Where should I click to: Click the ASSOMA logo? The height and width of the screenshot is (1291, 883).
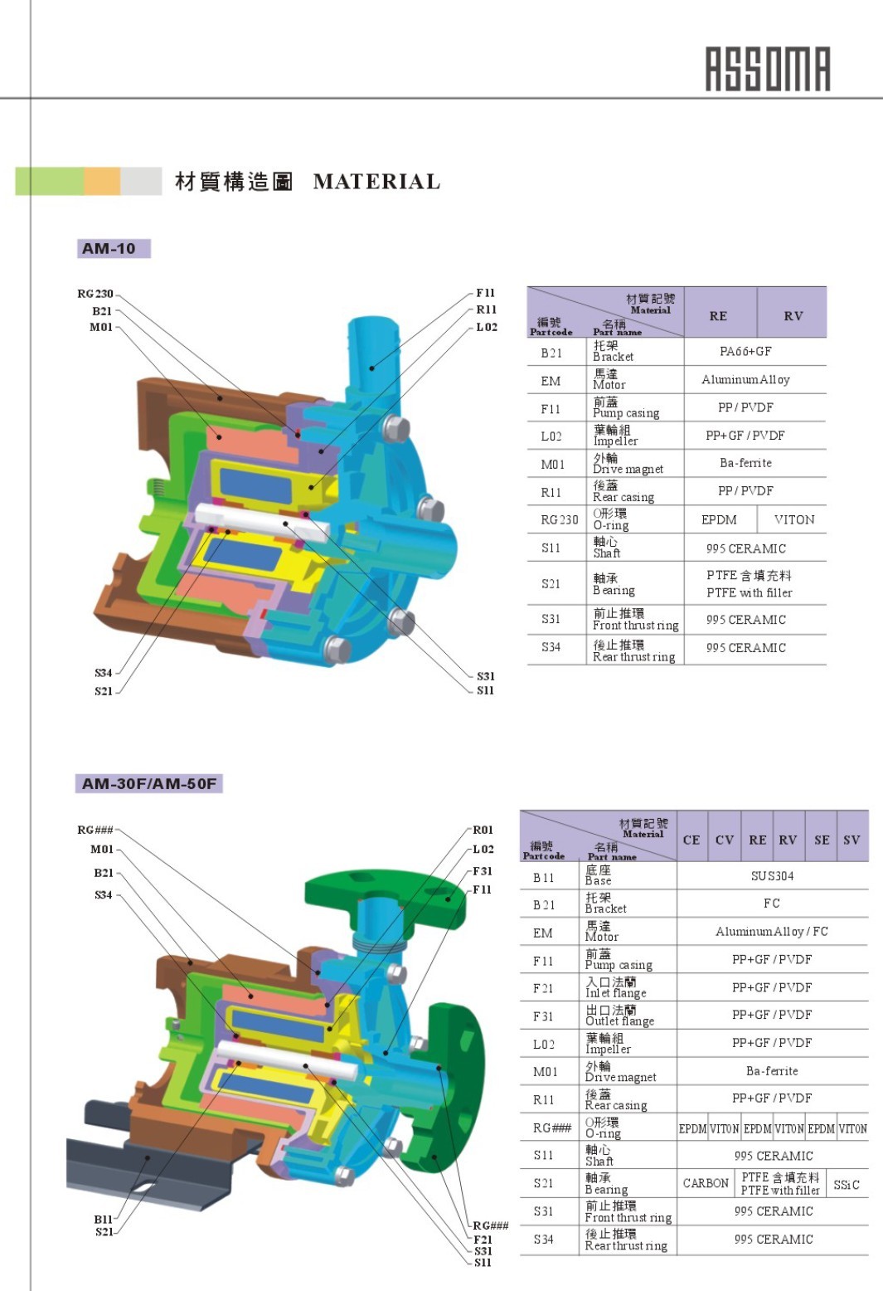click(767, 69)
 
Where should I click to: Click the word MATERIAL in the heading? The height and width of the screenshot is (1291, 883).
click(376, 182)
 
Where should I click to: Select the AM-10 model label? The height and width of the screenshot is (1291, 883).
click(109, 248)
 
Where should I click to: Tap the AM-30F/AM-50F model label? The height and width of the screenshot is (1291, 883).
click(149, 783)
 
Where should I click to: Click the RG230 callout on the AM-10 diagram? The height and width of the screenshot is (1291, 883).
click(95, 294)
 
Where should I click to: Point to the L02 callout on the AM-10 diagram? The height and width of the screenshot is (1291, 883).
click(487, 327)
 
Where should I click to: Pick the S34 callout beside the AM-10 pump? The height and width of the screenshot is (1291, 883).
click(103, 673)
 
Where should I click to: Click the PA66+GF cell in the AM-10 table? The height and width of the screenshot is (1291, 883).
click(745, 352)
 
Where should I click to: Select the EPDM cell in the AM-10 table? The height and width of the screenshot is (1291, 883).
click(719, 519)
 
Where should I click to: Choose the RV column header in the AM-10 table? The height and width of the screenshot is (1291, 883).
click(793, 316)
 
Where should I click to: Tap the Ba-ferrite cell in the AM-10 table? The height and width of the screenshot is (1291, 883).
click(745, 463)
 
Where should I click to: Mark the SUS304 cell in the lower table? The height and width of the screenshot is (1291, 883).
click(772, 876)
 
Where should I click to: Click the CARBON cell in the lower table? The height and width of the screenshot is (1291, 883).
click(706, 1183)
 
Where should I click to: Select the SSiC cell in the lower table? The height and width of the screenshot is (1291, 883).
click(847, 1185)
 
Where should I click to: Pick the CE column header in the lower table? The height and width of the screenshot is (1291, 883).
click(691, 840)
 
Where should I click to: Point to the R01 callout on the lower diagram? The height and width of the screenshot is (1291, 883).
click(483, 830)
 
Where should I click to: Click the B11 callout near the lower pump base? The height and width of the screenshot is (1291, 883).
click(103, 1219)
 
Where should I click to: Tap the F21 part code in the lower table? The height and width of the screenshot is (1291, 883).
click(543, 988)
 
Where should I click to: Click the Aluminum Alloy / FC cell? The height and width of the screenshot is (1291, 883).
click(771, 932)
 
